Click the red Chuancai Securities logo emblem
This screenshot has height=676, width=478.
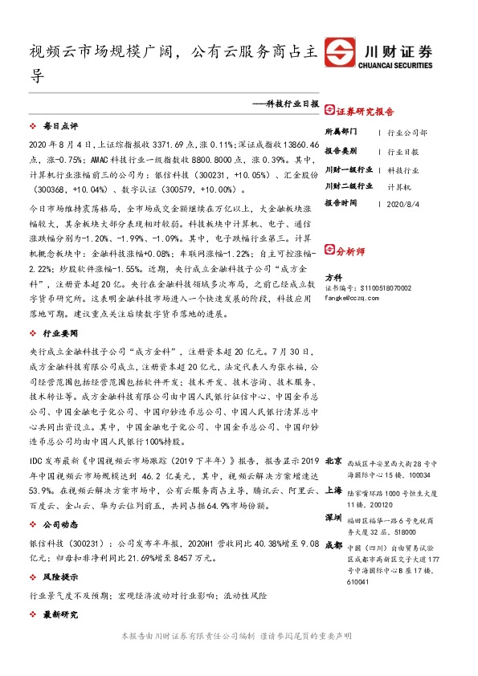(x=339, y=51)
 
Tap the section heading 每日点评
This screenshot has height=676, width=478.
(x=60, y=127)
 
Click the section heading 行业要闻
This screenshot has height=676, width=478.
(x=60, y=332)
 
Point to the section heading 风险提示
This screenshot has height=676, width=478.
(x=60, y=577)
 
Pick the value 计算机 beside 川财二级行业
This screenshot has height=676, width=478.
(x=399, y=186)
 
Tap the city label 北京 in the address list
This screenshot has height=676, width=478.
(x=333, y=461)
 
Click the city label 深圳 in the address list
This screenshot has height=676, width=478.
(x=333, y=519)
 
